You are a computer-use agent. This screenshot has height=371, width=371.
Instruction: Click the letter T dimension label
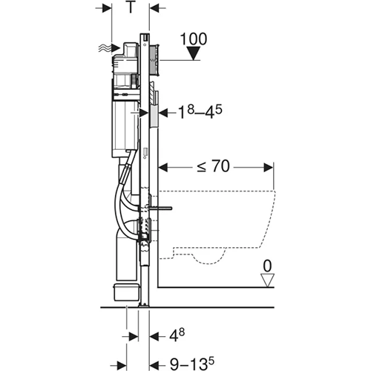129,8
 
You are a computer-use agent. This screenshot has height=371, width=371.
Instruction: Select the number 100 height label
192,37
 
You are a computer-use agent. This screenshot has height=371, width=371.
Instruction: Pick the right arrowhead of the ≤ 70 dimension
272,166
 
